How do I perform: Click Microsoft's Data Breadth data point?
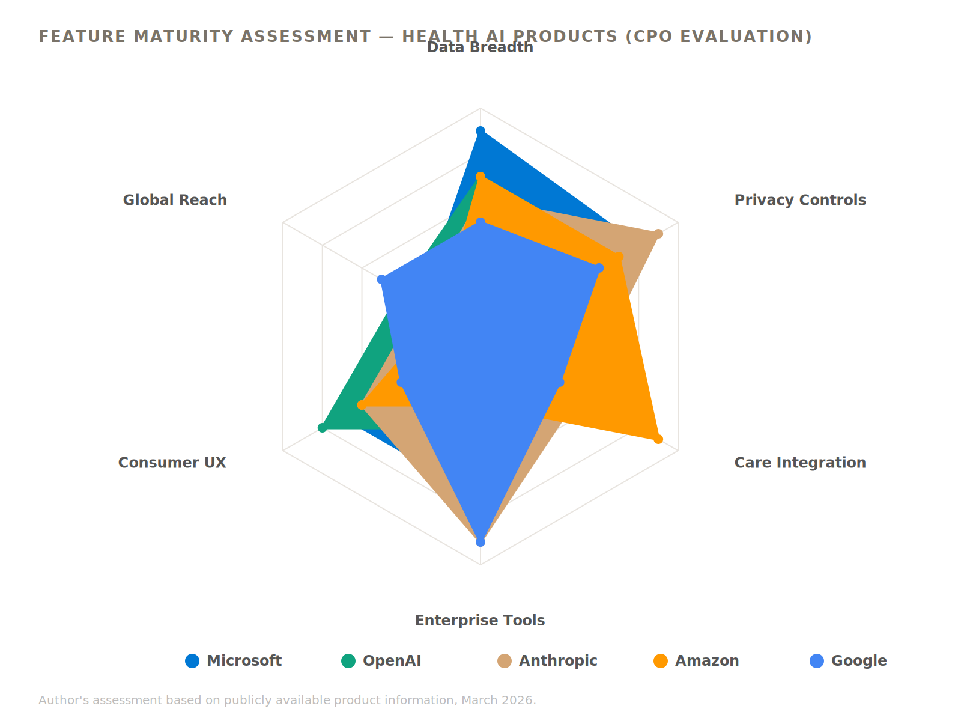click(480, 131)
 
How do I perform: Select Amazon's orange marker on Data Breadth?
click(480, 177)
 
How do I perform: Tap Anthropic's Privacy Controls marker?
click(658, 234)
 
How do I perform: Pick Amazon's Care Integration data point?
click(658, 439)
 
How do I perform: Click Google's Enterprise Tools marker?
click(480, 542)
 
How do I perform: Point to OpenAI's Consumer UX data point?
click(322, 428)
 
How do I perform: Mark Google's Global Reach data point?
click(381, 279)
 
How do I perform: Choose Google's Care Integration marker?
click(560, 382)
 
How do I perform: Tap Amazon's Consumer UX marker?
click(362, 405)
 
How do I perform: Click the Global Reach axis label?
click(175, 200)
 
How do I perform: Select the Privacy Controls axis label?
click(800, 200)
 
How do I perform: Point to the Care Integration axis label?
click(800, 463)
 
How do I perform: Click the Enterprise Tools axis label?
click(480, 621)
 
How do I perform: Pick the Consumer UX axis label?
click(172, 463)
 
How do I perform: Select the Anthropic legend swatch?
click(505, 661)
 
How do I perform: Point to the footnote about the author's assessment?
click(287, 700)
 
